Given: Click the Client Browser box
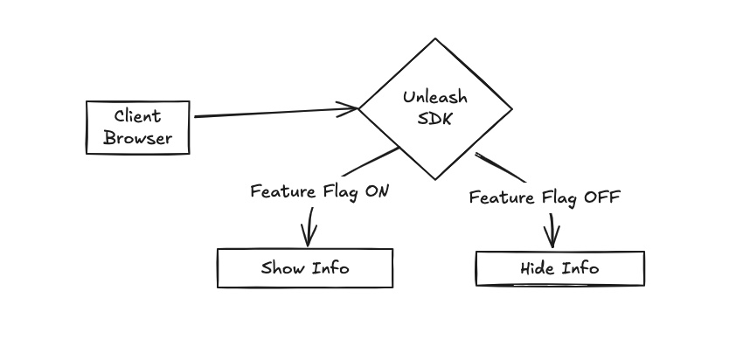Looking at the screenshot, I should pos(137,128).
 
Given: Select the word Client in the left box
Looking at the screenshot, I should pos(138,116).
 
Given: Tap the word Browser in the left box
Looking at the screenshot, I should pos(138,138).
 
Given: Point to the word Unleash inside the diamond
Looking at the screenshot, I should pos(435,97).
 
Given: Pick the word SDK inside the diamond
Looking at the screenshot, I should pos(435,119).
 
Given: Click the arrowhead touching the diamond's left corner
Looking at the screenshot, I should pos(352,109).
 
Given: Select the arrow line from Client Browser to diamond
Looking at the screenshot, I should pos(271,113).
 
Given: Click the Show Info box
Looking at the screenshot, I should pos(304,268).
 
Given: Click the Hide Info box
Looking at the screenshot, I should pos(559,268).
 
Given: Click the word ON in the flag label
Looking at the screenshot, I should pos(376,192).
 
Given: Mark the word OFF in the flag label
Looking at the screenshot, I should pos(601,197).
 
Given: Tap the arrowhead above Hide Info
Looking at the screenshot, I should pos(552,239).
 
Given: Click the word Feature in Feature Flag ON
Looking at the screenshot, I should pos(280,192).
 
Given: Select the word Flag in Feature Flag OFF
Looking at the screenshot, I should pos(557,197).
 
